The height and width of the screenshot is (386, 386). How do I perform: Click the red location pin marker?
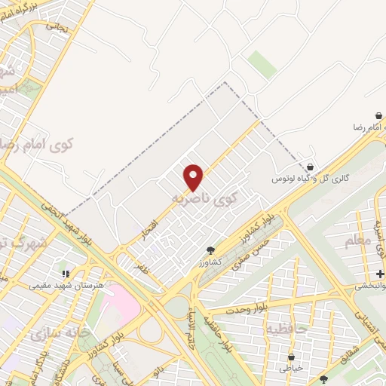point(194,177)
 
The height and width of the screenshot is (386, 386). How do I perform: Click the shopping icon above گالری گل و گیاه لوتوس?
point(311,167)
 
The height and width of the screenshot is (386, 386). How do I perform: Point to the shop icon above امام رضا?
point(378,115)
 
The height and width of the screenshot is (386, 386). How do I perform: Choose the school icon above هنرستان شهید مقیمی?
point(65,273)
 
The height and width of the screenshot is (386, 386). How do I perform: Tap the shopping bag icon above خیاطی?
point(292,357)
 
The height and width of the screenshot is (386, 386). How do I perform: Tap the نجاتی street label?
point(56,26)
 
